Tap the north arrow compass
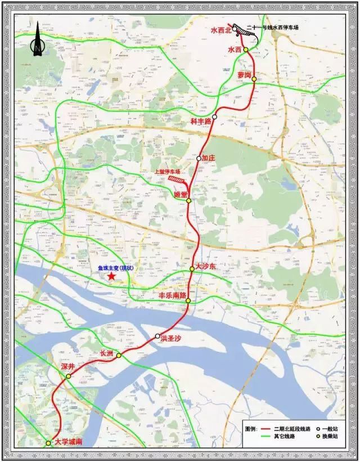(36, 42)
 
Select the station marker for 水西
(246, 50)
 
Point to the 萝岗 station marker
(254, 79)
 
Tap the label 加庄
(209, 158)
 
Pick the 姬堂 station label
(181, 194)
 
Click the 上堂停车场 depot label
(168, 172)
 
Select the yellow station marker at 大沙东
(192, 269)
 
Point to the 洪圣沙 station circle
(158, 336)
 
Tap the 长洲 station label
(106, 353)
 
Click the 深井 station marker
(68, 376)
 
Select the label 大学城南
(69, 442)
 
